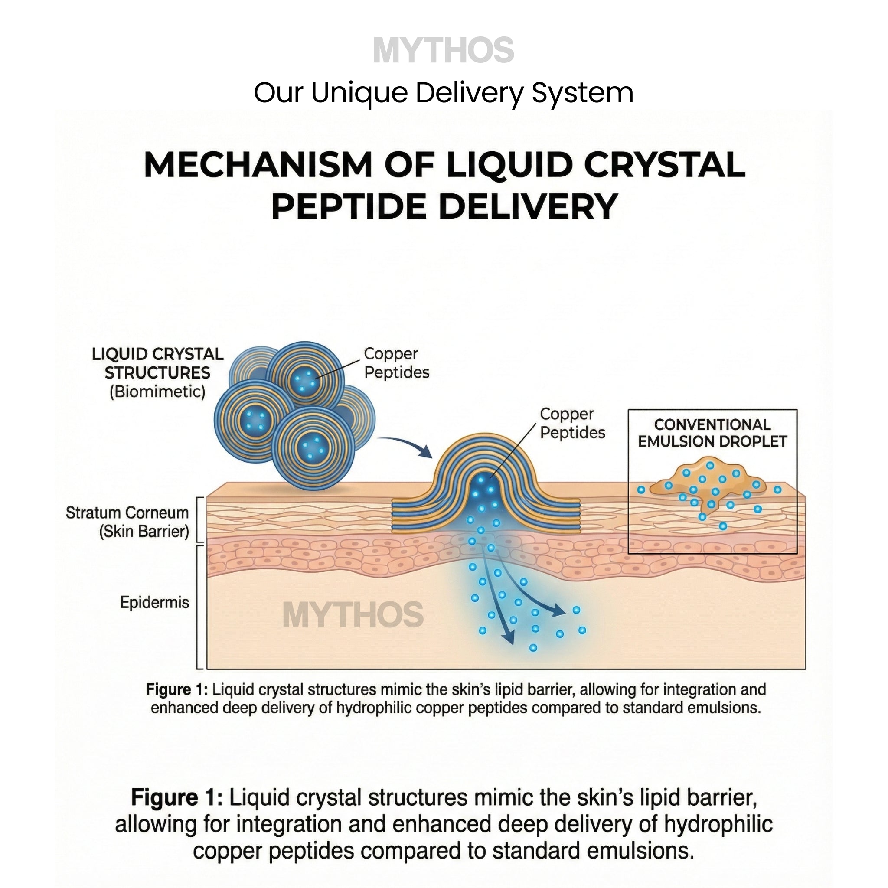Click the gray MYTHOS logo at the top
click(x=443, y=50)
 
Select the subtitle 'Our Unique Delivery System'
click(x=443, y=93)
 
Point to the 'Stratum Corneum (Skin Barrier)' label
click(x=127, y=522)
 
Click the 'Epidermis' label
click(x=154, y=602)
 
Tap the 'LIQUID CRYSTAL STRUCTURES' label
click(x=157, y=363)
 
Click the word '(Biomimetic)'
click(x=157, y=392)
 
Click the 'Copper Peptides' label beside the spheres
click(x=396, y=362)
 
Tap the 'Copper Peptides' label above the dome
click(x=572, y=423)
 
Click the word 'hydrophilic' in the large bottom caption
click(x=718, y=824)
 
